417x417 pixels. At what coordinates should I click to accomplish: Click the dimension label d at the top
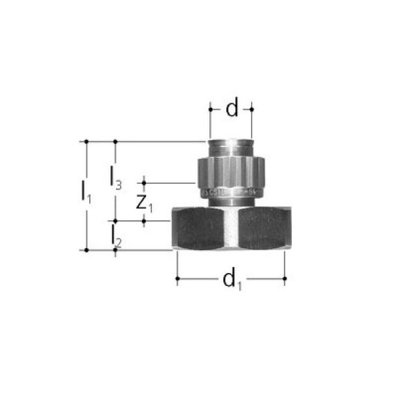(x=232, y=109)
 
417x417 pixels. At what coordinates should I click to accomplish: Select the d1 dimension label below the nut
(x=231, y=280)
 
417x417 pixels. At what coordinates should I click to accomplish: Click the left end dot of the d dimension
(x=210, y=109)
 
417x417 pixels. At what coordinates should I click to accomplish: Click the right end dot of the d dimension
(x=252, y=109)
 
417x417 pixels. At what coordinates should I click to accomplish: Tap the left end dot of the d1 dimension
(x=177, y=280)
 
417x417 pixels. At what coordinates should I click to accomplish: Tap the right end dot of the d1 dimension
(x=285, y=280)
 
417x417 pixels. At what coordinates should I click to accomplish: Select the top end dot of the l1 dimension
(x=86, y=141)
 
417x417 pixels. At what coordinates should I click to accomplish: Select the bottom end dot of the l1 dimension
(x=86, y=250)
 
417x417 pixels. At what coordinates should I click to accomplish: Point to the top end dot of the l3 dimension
(x=115, y=141)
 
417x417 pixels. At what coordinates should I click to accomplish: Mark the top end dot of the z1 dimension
(x=144, y=182)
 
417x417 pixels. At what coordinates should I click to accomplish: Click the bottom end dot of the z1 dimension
(x=144, y=221)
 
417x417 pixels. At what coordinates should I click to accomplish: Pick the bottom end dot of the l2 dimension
(x=115, y=250)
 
